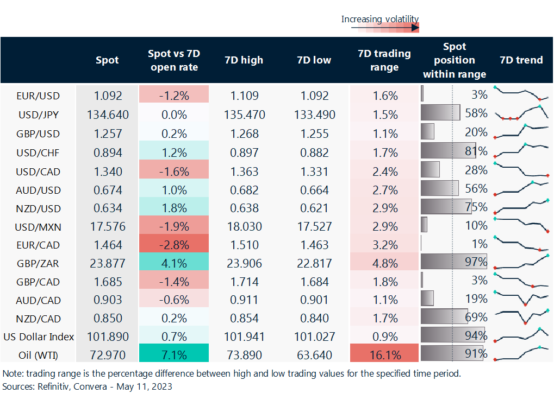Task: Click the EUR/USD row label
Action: [x=38, y=96]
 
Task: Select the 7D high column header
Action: [x=244, y=60]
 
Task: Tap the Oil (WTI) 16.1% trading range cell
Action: [x=385, y=355]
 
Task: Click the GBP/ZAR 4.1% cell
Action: [x=173, y=263]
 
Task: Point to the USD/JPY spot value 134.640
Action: [x=107, y=115]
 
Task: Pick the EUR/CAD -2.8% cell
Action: [x=173, y=245]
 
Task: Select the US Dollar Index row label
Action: [x=38, y=336]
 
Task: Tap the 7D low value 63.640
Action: [x=314, y=355]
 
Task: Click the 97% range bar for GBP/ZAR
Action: [x=453, y=263]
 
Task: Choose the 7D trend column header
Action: [x=521, y=60]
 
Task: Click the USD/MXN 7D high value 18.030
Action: [x=244, y=226]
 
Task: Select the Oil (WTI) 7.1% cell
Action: [x=173, y=355]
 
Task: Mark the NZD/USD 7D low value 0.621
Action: [x=314, y=208]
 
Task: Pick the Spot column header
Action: [x=107, y=60]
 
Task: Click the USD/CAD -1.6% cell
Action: [x=173, y=172]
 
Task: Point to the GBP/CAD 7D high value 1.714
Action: [x=244, y=282]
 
